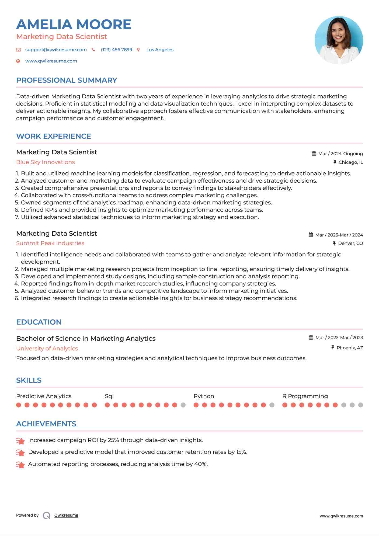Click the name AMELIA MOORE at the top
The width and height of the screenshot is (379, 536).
click(74, 25)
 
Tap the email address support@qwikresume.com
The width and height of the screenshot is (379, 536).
click(56, 50)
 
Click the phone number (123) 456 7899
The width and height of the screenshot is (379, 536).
click(116, 50)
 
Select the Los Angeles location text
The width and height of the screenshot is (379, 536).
click(160, 50)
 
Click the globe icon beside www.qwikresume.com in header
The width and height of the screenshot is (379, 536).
click(18, 61)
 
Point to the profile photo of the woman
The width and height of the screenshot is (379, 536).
click(339, 40)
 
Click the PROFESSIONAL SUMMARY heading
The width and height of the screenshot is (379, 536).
click(67, 80)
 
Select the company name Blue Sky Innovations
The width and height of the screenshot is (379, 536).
click(46, 162)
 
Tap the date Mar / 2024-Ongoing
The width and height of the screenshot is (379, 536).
click(340, 154)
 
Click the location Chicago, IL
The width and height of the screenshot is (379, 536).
click(350, 162)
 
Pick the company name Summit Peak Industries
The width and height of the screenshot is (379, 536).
click(50, 243)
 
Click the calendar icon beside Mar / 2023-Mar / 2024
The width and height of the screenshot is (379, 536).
click(311, 235)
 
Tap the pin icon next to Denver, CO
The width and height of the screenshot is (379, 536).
click(334, 243)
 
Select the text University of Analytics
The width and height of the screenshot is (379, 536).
click(47, 349)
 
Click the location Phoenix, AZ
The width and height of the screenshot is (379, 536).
click(350, 348)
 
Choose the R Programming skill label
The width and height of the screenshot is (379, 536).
click(305, 396)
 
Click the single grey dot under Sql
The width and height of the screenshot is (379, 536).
click(183, 405)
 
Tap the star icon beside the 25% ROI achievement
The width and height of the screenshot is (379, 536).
click(20, 441)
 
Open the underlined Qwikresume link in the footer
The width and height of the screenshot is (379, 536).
click(66, 515)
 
